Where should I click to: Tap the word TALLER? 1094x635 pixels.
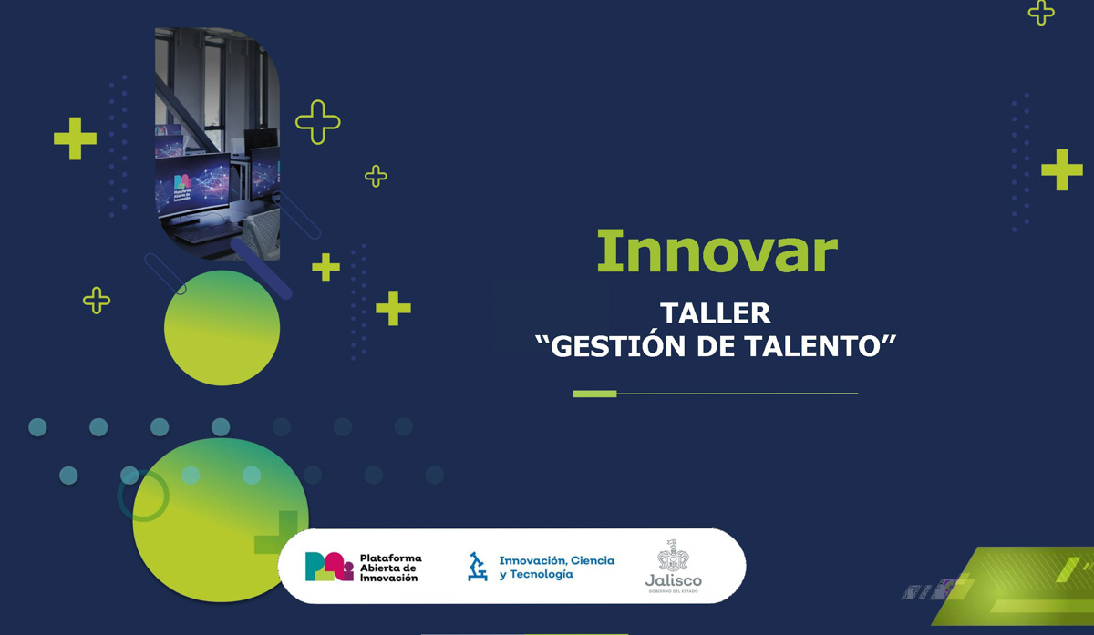(x=716, y=313)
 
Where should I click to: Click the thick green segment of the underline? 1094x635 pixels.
(x=594, y=394)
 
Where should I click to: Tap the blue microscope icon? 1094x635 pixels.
(x=477, y=566)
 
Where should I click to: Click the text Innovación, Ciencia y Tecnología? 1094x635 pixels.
(x=556, y=567)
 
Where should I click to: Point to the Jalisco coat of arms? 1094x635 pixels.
(x=674, y=555)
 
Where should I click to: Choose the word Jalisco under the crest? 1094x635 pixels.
(x=674, y=580)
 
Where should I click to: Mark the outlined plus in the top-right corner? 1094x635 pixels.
(x=1041, y=11)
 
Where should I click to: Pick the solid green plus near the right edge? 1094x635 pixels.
(x=1061, y=169)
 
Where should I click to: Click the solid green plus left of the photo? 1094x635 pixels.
(x=75, y=138)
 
